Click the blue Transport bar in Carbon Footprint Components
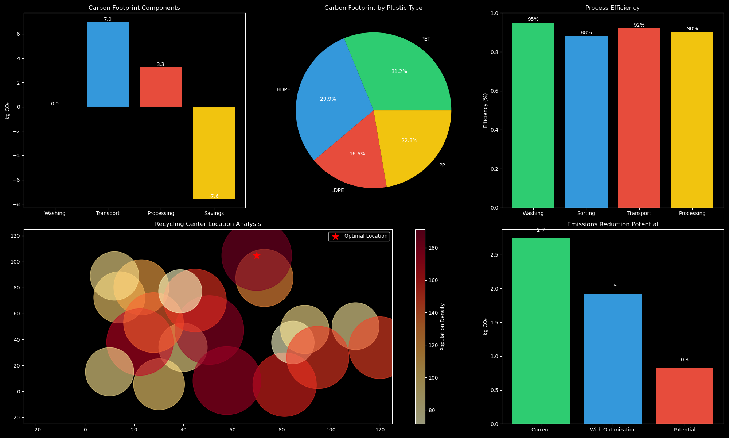coord(108,64)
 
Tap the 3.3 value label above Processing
coord(160,65)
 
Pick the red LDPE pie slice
coord(355,161)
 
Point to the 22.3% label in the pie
coord(409,141)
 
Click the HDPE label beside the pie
coord(283,90)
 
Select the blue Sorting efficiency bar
coord(586,122)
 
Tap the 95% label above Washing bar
coord(533,19)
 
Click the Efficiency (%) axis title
coord(485,110)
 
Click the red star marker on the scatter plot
coord(257,255)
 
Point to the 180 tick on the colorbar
coord(433,248)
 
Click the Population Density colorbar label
coord(443,327)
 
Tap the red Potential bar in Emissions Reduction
coord(684,396)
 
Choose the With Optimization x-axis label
coord(612,430)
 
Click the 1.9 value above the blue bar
coord(613,286)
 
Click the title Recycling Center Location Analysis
coord(208,224)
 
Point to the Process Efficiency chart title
coord(612,8)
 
